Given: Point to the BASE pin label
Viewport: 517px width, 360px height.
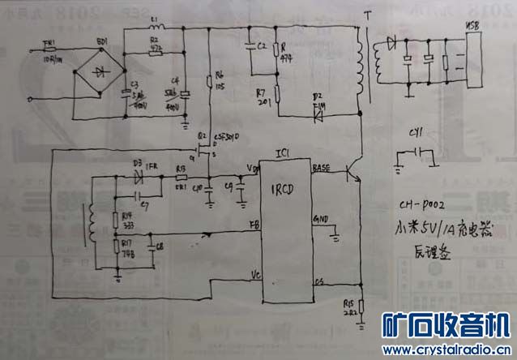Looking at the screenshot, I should pos(320,167).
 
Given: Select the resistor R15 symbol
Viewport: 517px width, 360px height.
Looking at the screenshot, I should pos(361,307).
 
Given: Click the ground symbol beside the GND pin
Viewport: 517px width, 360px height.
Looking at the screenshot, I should pos(334,237).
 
